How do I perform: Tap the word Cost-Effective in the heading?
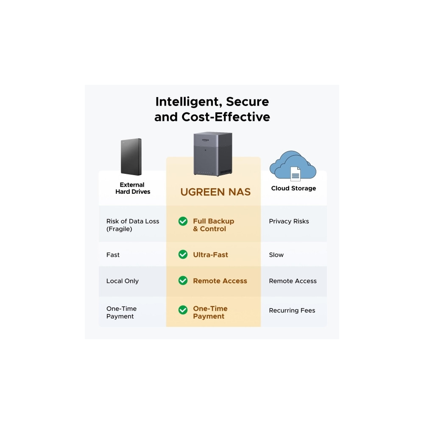coord(226,117)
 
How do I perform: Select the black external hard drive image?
coord(131,157)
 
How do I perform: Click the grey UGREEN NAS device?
coord(213,154)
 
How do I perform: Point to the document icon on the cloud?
coord(295,173)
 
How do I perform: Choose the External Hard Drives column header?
coord(132,188)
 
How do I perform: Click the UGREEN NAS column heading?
coord(215,192)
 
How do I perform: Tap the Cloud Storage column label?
coord(293,188)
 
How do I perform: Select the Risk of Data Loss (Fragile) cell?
coord(132,225)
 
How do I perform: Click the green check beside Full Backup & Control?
coord(183,221)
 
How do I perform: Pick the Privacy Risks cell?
coord(289,221)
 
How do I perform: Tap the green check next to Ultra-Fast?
coord(183,254)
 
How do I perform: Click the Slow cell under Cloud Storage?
coord(276,255)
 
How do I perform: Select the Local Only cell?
coord(123,281)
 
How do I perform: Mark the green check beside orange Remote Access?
coord(183,281)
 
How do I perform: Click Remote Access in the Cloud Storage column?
coord(293,281)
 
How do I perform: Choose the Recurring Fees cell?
coord(292,310)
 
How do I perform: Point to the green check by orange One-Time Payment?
coord(183,310)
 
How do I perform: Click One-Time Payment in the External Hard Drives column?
coord(121,312)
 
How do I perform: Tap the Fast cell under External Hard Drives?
coord(113,255)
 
